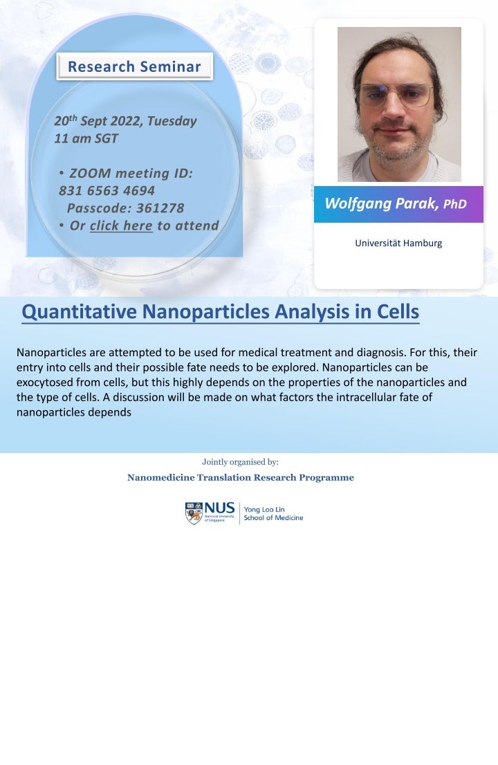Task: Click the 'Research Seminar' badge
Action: pos(134,67)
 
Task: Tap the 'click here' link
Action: pos(121,225)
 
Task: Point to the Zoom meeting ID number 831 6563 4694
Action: pos(107,190)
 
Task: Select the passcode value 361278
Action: pos(160,208)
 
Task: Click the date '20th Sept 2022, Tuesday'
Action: pos(125,121)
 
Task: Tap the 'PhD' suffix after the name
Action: pos(454,205)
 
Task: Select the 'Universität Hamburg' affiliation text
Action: pos(398,243)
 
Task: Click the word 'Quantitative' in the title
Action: pos(80,313)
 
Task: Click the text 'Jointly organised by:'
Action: pos(240,461)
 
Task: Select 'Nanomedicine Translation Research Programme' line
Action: pos(240,478)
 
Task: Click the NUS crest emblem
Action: pos(194,513)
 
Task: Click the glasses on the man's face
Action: pos(394,95)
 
